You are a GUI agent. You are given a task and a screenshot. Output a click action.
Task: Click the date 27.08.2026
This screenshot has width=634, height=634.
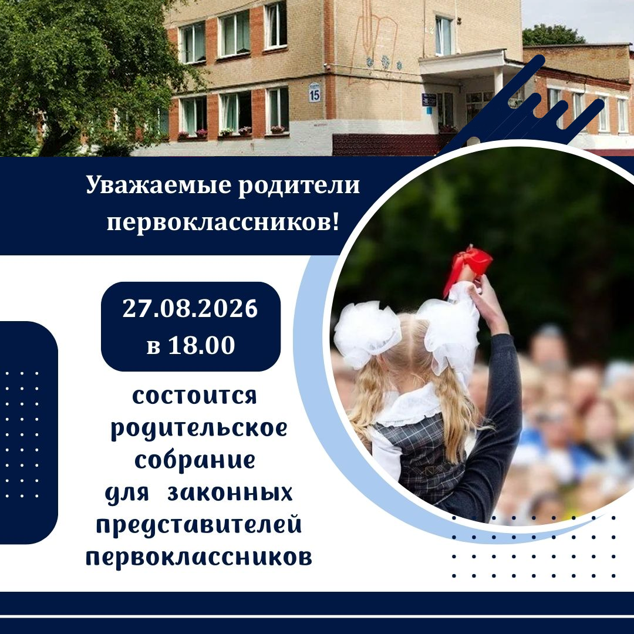[190, 309]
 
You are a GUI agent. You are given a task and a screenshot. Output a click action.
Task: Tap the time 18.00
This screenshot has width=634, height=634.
[201, 345]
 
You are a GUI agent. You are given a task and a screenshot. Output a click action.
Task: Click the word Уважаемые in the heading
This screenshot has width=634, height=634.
[158, 187]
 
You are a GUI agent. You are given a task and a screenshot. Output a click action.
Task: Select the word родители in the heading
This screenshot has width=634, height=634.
[299, 187]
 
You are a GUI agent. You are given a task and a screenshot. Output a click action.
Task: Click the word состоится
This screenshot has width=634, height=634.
[194, 396]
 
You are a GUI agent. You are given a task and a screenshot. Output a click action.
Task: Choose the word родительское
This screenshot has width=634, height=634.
[199, 428]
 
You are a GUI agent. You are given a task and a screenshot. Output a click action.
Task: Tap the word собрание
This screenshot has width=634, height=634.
[195, 460]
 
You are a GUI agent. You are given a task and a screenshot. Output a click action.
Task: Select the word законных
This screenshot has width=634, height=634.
[230, 493]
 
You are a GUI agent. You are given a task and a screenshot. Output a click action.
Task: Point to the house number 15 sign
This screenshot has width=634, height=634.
[314, 93]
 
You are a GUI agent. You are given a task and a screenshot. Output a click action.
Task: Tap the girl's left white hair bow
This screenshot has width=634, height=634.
[366, 333]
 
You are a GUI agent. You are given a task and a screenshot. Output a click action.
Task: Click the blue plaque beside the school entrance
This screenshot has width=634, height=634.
[429, 99]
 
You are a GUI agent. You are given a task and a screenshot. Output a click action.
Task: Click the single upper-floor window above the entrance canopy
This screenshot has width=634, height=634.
[444, 36]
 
